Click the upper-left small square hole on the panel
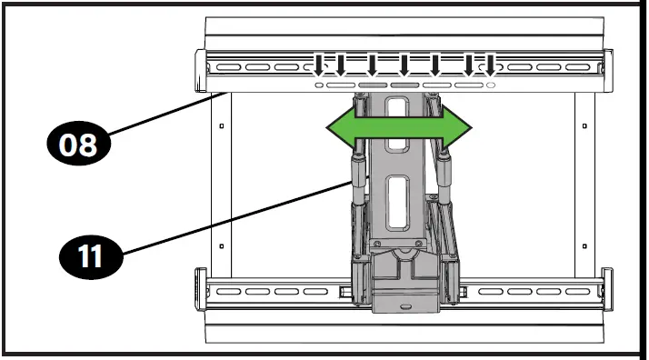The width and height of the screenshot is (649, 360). coord(222,125)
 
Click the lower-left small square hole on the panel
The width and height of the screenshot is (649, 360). coord(222,246)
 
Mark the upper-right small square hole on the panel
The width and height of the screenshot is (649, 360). coord(584,125)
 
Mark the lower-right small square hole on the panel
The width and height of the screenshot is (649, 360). coord(584,246)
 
